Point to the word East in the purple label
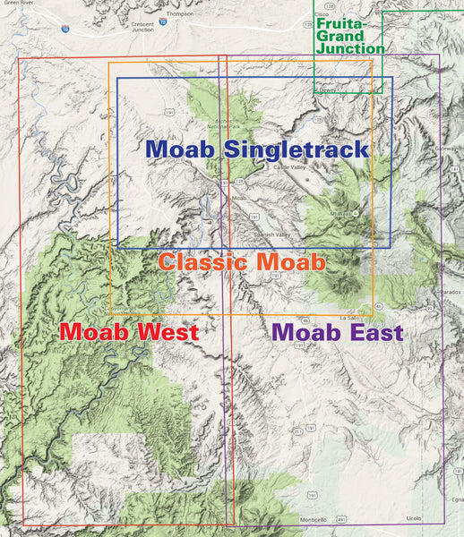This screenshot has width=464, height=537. click(372, 332)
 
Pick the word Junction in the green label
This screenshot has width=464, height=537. click(352, 48)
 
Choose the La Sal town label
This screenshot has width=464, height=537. click(348, 318)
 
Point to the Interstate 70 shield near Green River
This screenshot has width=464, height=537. click(65, 30)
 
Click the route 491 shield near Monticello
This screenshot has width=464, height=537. click(342, 519)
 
